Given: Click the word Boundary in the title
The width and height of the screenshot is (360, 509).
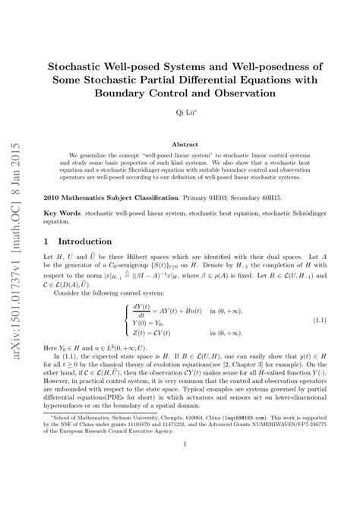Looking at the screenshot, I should coord(134,93).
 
